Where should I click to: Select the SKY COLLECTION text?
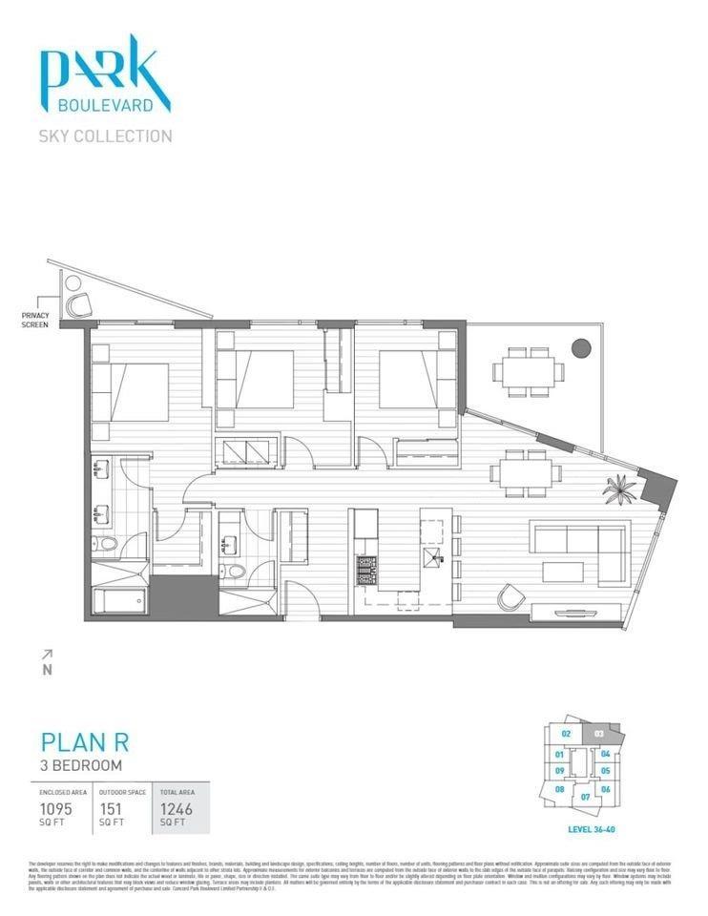coord(105,135)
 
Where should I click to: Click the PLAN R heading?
coord(84,742)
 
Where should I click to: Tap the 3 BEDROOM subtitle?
coord(80,765)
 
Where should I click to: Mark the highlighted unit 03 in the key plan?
coord(598,734)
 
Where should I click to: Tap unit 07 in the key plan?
coord(585,795)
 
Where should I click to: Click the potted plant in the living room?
coord(616,489)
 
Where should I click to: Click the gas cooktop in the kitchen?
coord(366,571)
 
